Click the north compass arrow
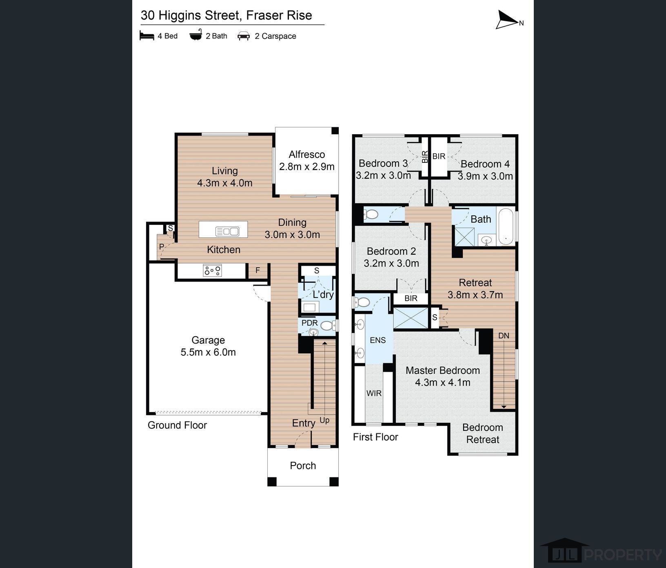coord(507,20)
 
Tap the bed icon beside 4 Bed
coord(147,35)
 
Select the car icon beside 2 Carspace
coord(244,36)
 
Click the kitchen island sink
coord(227,231)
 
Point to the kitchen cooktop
coord(213,270)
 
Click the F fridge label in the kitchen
coord(258,270)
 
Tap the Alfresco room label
coord(307,155)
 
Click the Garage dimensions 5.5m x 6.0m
coord(208,352)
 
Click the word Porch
coord(303,466)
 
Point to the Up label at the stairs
coord(324,420)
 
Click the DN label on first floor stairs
coord(504,335)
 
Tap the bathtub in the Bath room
coord(506,226)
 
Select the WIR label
coord(374,393)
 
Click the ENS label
coord(377,340)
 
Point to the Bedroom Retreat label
coord(483,433)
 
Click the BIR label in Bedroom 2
coord(411,298)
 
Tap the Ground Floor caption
coord(177,425)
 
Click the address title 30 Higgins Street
coord(226,16)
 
